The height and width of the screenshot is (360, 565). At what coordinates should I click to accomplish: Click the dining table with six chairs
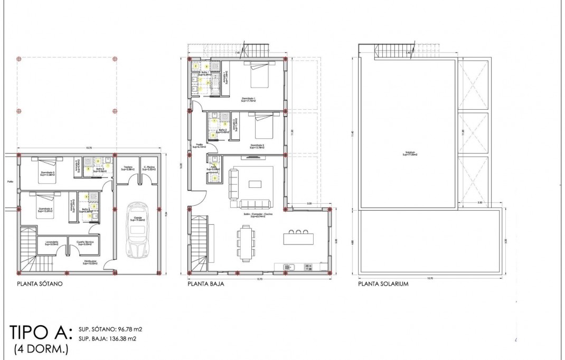245,243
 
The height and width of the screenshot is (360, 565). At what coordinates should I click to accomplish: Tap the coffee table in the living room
256,184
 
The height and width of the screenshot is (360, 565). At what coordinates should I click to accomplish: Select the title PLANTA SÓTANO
40,284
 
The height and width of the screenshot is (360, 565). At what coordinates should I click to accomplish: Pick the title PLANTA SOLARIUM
383,284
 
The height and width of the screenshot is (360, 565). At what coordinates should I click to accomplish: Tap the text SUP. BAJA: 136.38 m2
110,338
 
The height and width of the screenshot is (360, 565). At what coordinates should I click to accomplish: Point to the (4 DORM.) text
38,349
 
